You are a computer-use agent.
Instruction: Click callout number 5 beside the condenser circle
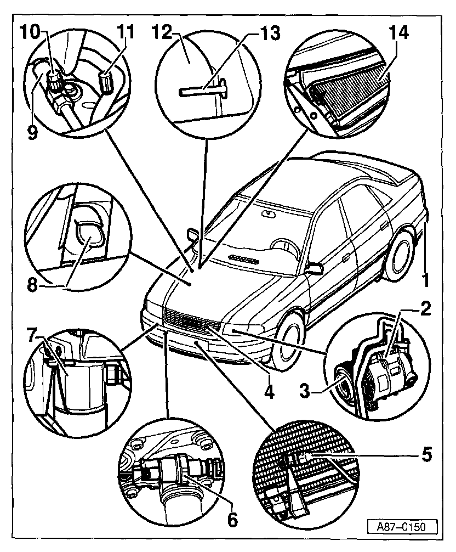pyautogui.click(x=425, y=454)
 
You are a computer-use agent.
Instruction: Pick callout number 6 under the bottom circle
pyautogui.click(x=232, y=519)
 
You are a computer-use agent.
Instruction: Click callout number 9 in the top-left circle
pyautogui.click(x=33, y=133)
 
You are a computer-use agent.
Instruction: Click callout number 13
pyautogui.click(x=268, y=32)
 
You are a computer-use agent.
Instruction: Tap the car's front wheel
pyautogui.click(x=289, y=341)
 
